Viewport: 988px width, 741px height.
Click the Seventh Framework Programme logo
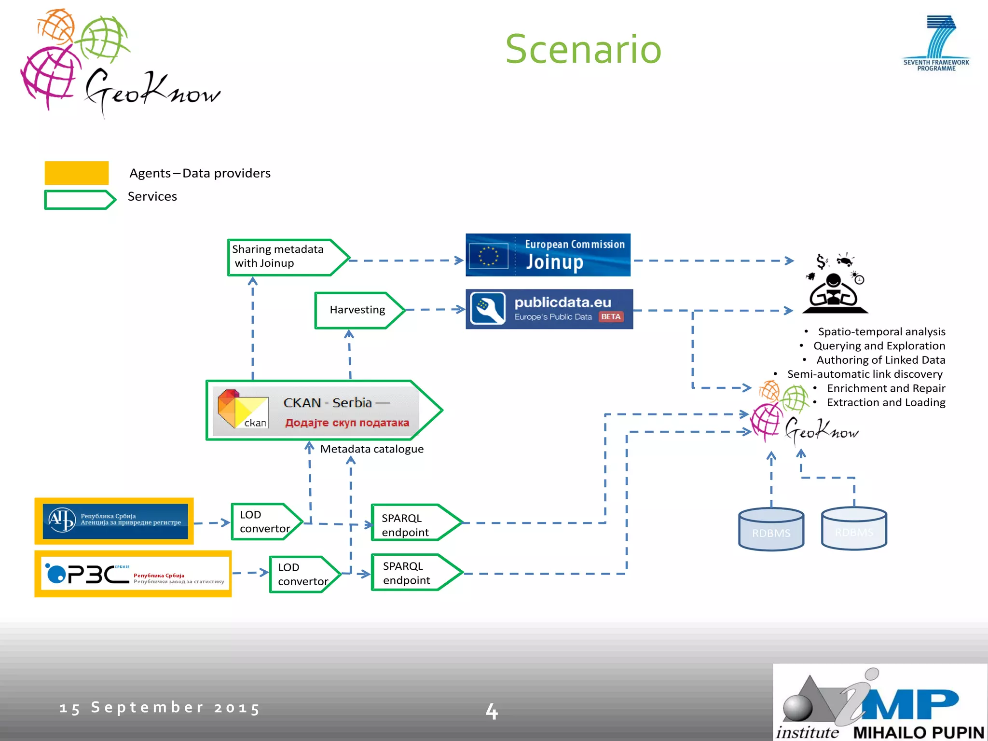click(x=936, y=43)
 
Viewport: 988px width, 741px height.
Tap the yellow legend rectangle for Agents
click(x=76, y=173)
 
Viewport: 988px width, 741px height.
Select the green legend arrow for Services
click(x=79, y=200)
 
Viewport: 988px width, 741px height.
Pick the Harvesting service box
click(x=357, y=310)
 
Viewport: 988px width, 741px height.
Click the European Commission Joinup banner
click(x=548, y=255)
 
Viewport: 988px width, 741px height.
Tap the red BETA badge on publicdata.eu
click(x=611, y=317)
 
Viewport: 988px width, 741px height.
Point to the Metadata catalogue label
click(x=372, y=449)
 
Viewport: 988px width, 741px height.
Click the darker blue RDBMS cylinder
click(x=771, y=530)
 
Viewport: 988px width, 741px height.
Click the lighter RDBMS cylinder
click(x=854, y=529)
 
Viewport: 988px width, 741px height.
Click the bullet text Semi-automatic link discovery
click(x=864, y=374)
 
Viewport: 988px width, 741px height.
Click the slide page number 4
click(x=492, y=711)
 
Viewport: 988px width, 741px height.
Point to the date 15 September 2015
click(x=160, y=708)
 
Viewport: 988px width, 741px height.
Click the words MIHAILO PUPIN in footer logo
click(x=919, y=732)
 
